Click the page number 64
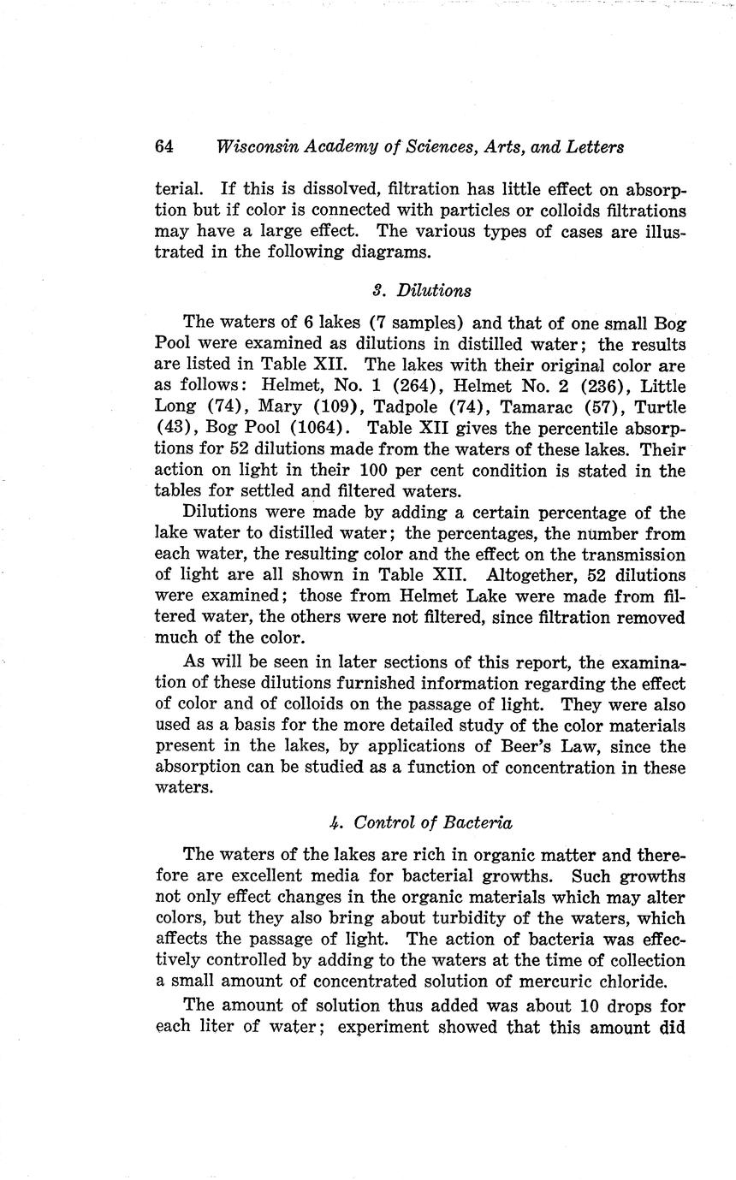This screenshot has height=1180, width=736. [164, 146]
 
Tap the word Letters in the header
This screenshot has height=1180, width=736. [593, 146]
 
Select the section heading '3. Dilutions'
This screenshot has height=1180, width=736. [422, 290]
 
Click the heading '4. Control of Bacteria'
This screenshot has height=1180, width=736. [420, 823]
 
